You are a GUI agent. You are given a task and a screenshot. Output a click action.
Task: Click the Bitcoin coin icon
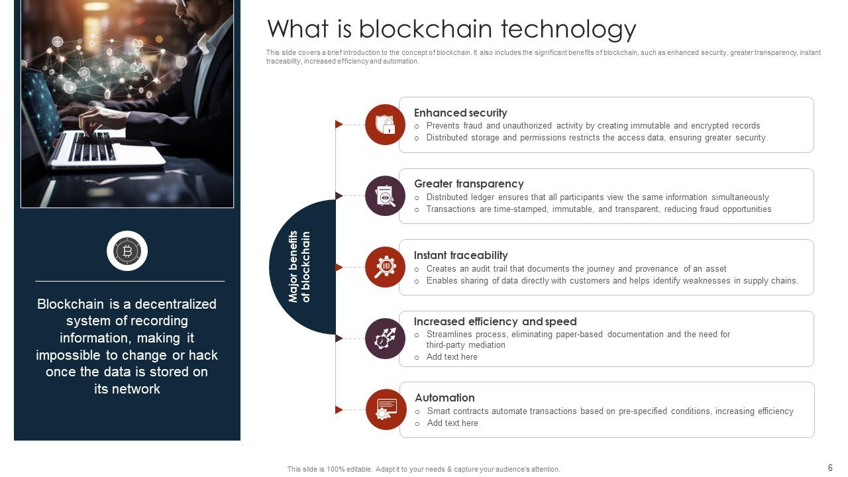pos(127,251)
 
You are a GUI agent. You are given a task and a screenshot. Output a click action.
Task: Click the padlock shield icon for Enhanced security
pos(385,125)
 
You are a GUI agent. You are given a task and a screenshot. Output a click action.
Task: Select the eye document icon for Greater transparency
pos(385,196)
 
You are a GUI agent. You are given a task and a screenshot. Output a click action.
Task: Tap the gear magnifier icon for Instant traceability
pos(385,267)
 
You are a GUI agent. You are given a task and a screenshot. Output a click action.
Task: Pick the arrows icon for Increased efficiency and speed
pos(385,339)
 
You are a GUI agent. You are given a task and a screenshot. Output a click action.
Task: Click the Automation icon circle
pos(386,409)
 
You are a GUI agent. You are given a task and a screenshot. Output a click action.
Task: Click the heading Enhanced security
pos(460,113)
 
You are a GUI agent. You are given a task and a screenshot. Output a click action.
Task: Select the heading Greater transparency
pos(468,184)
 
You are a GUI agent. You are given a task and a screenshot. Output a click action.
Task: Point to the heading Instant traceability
pos(460,255)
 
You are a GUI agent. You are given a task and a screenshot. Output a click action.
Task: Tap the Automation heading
pos(445,397)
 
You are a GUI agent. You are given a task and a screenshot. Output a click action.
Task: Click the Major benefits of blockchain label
pos(299,267)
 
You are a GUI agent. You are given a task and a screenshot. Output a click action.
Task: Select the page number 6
pos(830,468)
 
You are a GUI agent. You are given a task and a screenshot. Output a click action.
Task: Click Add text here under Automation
pos(452,423)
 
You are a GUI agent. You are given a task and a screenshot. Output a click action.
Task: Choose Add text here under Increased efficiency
pos(452,356)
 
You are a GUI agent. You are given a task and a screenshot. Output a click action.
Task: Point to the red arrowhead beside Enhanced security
pos(339,125)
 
